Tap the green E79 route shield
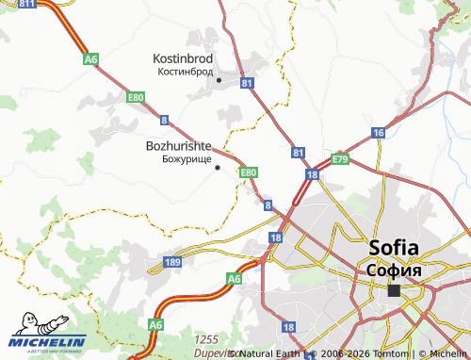[340, 160]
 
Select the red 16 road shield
[378, 134]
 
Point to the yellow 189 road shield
[172, 262]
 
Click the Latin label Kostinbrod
[183, 58]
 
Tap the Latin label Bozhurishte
[178, 147]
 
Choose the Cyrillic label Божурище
[187, 159]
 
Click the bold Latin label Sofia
[401, 249]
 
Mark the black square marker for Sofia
[393, 290]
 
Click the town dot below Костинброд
[219, 80]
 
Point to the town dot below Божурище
[218, 168]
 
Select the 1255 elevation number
[205, 338]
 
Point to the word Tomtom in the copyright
[388, 354]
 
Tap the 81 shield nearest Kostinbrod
[248, 84]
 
